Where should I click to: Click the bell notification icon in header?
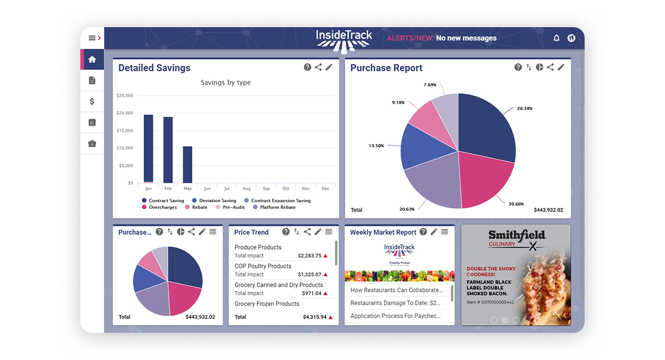556,38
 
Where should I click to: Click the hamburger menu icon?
92,38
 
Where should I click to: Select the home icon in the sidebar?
92,59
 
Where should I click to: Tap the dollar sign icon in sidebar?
92,101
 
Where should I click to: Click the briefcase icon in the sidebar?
92,143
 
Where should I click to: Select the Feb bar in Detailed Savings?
168,150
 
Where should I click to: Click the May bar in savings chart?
187,164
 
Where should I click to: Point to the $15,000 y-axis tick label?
125,131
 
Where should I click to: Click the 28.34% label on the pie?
524,109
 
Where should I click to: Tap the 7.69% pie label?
429,85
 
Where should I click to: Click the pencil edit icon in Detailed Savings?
329,67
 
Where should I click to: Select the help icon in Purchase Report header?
518,67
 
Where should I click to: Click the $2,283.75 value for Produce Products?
309,256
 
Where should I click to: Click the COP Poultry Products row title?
263,266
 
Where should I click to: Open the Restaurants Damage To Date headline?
395,303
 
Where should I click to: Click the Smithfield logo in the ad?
516,235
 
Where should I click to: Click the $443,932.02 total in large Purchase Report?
548,210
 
